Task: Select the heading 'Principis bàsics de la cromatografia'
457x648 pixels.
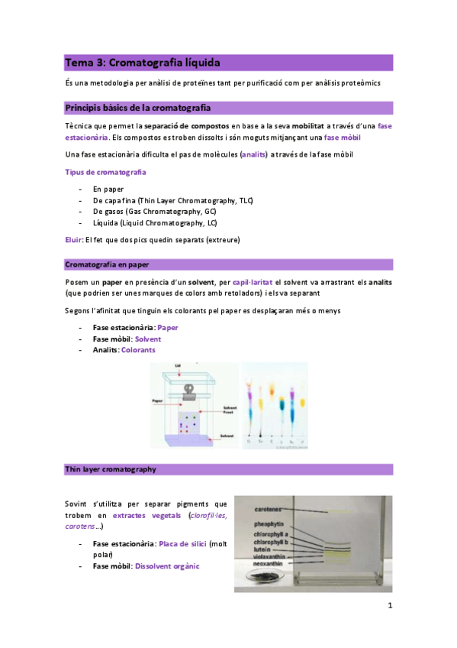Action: coord(138,107)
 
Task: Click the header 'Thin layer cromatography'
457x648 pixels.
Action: coord(111,468)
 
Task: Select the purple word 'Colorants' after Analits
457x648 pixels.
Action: coord(137,349)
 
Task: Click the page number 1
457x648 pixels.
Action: coord(389,607)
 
